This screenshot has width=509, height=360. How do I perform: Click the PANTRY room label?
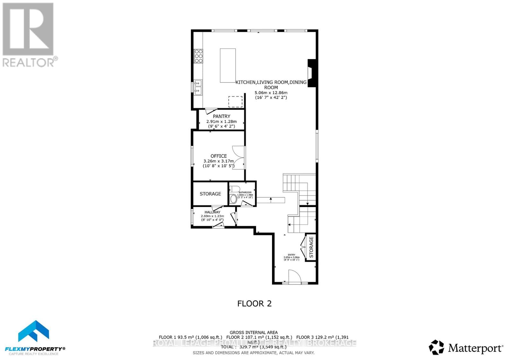click(x=221, y=116)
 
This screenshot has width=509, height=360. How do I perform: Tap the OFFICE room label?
click(x=219, y=156)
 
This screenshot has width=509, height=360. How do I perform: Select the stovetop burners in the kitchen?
click(x=199, y=56)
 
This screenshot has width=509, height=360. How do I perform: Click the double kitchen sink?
click(x=198, y=87)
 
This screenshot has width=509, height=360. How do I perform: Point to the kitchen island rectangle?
click(x=228, y=66)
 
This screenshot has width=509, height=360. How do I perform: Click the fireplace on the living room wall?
click(x=312, y=73)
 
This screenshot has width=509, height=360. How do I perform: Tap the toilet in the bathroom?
click(x=234, y=199)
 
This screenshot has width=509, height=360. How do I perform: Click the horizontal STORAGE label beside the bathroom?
click(x=210, y=194)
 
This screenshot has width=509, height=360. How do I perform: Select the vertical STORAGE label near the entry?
click(x=311, y=247)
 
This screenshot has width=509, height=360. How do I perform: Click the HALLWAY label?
click(x=212, y=212)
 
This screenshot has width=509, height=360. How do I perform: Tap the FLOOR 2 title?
click(x=254, y=303)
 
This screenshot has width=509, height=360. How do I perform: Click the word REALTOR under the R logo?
click(x=29, y=62)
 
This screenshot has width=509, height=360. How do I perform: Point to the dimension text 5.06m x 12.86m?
click(x=271, y=93)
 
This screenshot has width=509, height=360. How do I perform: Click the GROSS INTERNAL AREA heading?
click(x=254, y=332)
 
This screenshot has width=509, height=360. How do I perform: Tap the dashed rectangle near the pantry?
click(x=235, y=102)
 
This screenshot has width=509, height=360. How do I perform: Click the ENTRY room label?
click(x=291, y=255)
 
